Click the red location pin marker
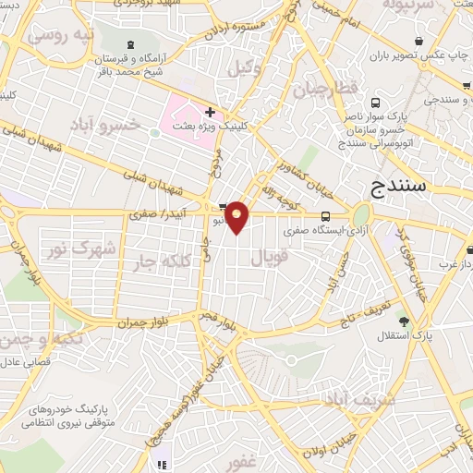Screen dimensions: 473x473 pos(238,216)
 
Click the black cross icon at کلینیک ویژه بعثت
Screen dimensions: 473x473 pos(211,112)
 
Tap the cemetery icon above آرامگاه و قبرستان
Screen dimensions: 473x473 pos(128,45)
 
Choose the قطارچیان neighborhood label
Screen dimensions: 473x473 pos(323,91)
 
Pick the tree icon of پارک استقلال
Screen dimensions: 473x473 pos(404,321)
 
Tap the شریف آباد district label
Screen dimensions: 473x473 pos(361,399)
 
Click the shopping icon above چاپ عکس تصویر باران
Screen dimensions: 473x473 pos(420,42)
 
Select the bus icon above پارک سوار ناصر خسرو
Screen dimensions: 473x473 pos(375,103)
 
